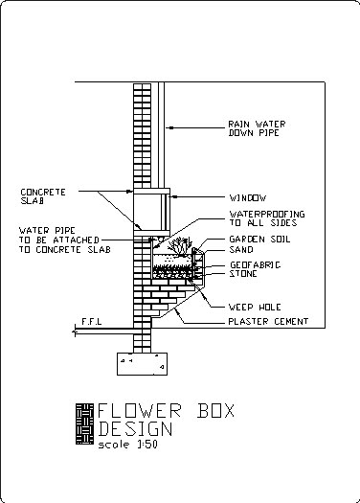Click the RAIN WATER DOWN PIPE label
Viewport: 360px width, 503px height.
pos(256,128)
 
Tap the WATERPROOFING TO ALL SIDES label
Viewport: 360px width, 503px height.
pos(265,217)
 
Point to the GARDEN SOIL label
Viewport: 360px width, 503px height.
pos(259,240)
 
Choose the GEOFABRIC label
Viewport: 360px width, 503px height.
pos(254,264)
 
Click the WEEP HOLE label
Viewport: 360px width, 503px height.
pos(252,307)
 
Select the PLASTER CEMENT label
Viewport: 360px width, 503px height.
pos(268,321)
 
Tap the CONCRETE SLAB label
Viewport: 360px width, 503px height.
pos(43,196)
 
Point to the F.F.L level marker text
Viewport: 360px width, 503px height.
pos(92,321)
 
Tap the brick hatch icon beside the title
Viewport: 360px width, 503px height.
pos(84,422)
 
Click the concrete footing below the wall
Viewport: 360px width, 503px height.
pos(142,364)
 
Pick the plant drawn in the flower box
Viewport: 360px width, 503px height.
pos(176,247)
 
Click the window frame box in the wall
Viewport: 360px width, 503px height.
pos(150,210)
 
